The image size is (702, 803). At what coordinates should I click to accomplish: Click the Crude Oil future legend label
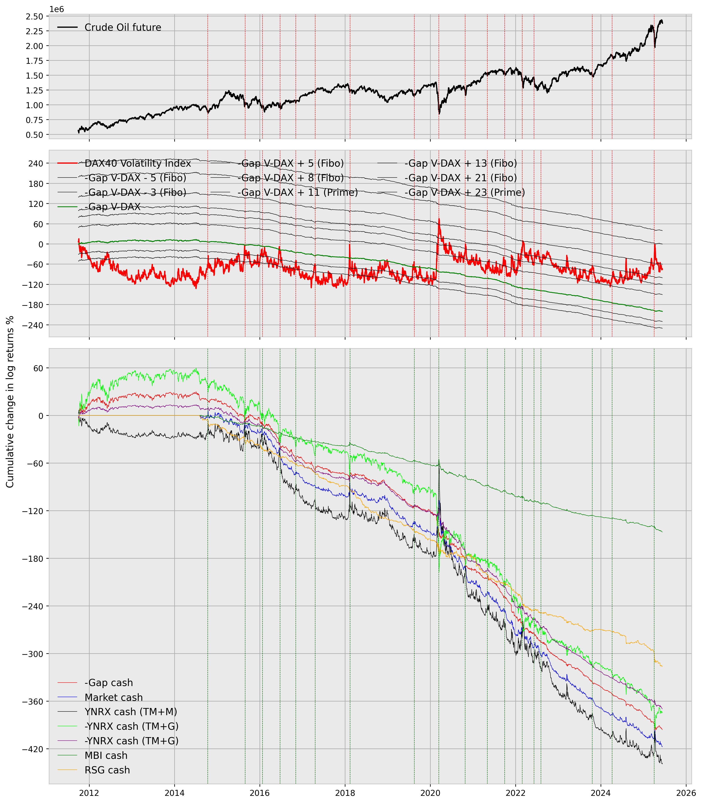(123, 28)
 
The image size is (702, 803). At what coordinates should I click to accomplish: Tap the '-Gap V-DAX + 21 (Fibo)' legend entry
(460, 178)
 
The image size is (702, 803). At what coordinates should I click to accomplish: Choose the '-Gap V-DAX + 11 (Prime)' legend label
(297, 192)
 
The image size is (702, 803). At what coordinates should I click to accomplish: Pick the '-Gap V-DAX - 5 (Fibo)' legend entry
(135, 178)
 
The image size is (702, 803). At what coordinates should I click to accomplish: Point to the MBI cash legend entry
(106, 756)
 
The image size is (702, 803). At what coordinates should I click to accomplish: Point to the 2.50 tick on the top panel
(34, 16)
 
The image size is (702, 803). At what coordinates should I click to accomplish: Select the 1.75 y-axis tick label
(34, 61)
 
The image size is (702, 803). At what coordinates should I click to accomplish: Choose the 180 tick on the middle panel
(36, 183)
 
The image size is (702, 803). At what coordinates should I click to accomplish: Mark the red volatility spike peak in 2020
(439, 219)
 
